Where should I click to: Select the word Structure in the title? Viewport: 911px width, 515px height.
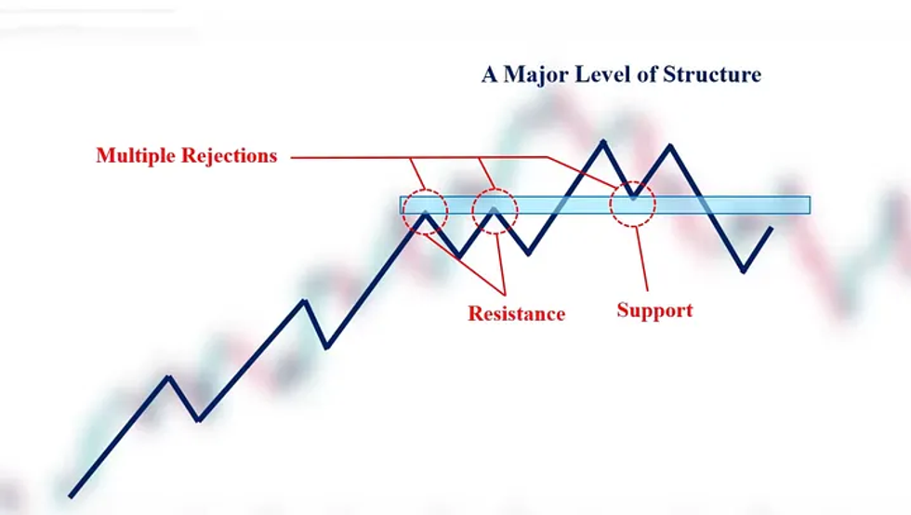coord(712,74)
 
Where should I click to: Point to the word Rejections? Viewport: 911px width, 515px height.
coord(230,156)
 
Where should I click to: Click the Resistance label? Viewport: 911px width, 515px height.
coord(517,314)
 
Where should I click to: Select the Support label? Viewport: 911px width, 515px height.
coord(654,310)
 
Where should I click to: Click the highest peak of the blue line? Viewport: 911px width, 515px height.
coord(603,141)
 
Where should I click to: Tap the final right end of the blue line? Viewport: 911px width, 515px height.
coord(772,229)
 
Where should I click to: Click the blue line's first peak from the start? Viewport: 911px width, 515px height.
coord(168,377)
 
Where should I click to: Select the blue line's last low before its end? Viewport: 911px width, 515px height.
coord(744,271)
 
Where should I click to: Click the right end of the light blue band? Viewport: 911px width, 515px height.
coord(810,205)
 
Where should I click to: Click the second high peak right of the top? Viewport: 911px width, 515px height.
coord(670,146)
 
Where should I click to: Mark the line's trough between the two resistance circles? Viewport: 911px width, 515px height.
coord(459,256)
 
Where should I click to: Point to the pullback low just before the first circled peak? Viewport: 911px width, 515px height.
coord(327,347)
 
